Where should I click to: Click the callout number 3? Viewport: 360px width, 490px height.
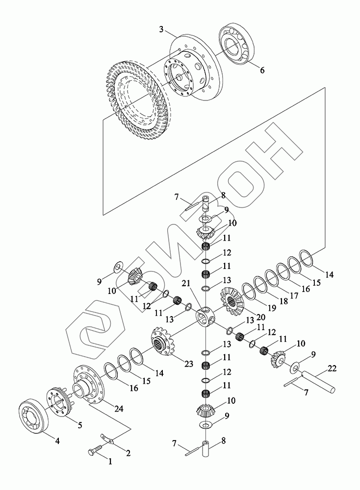point(161,30)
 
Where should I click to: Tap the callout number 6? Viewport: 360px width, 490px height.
point(262,71)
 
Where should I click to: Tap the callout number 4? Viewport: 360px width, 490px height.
point(57,441)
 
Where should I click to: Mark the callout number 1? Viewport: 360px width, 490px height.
point(110,461)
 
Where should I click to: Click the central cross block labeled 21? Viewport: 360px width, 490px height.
point(205,318)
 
